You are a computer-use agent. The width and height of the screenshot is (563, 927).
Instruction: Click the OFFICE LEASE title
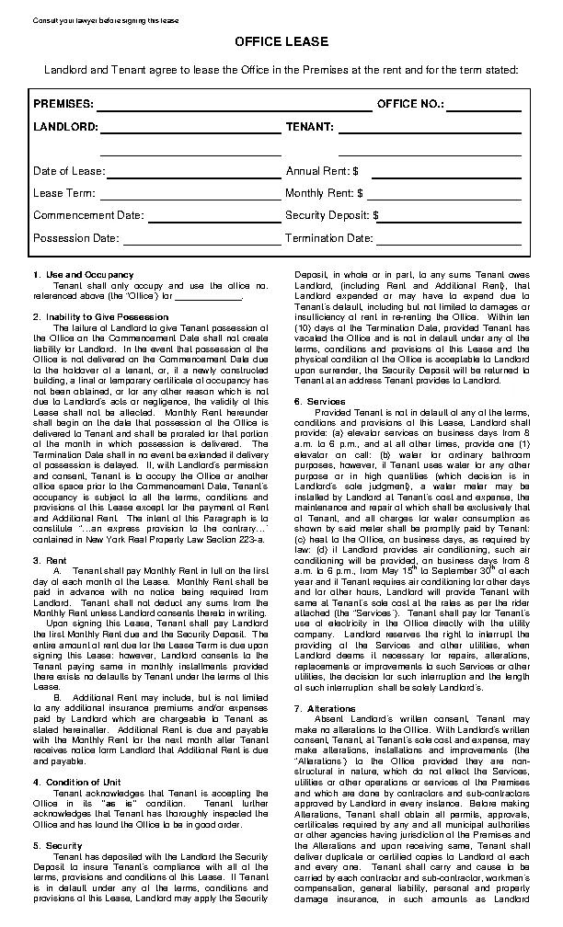[x=281, y=42]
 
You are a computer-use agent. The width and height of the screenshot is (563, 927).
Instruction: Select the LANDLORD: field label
[x=64, y=126]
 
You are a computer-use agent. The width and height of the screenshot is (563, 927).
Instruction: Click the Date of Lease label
[x=69, y=171]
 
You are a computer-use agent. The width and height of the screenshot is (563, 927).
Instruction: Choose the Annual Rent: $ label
[x=322, y=171]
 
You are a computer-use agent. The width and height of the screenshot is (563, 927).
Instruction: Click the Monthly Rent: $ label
[x=325, y=193]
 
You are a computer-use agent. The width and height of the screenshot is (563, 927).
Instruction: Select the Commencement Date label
[x=88, y=215]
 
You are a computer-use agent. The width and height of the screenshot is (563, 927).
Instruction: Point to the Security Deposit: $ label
[x=332, y=215]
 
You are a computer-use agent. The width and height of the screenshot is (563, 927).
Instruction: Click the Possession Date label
[x=76, y=238]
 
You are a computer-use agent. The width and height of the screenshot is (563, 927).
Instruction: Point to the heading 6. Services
[x=319, y=400]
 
